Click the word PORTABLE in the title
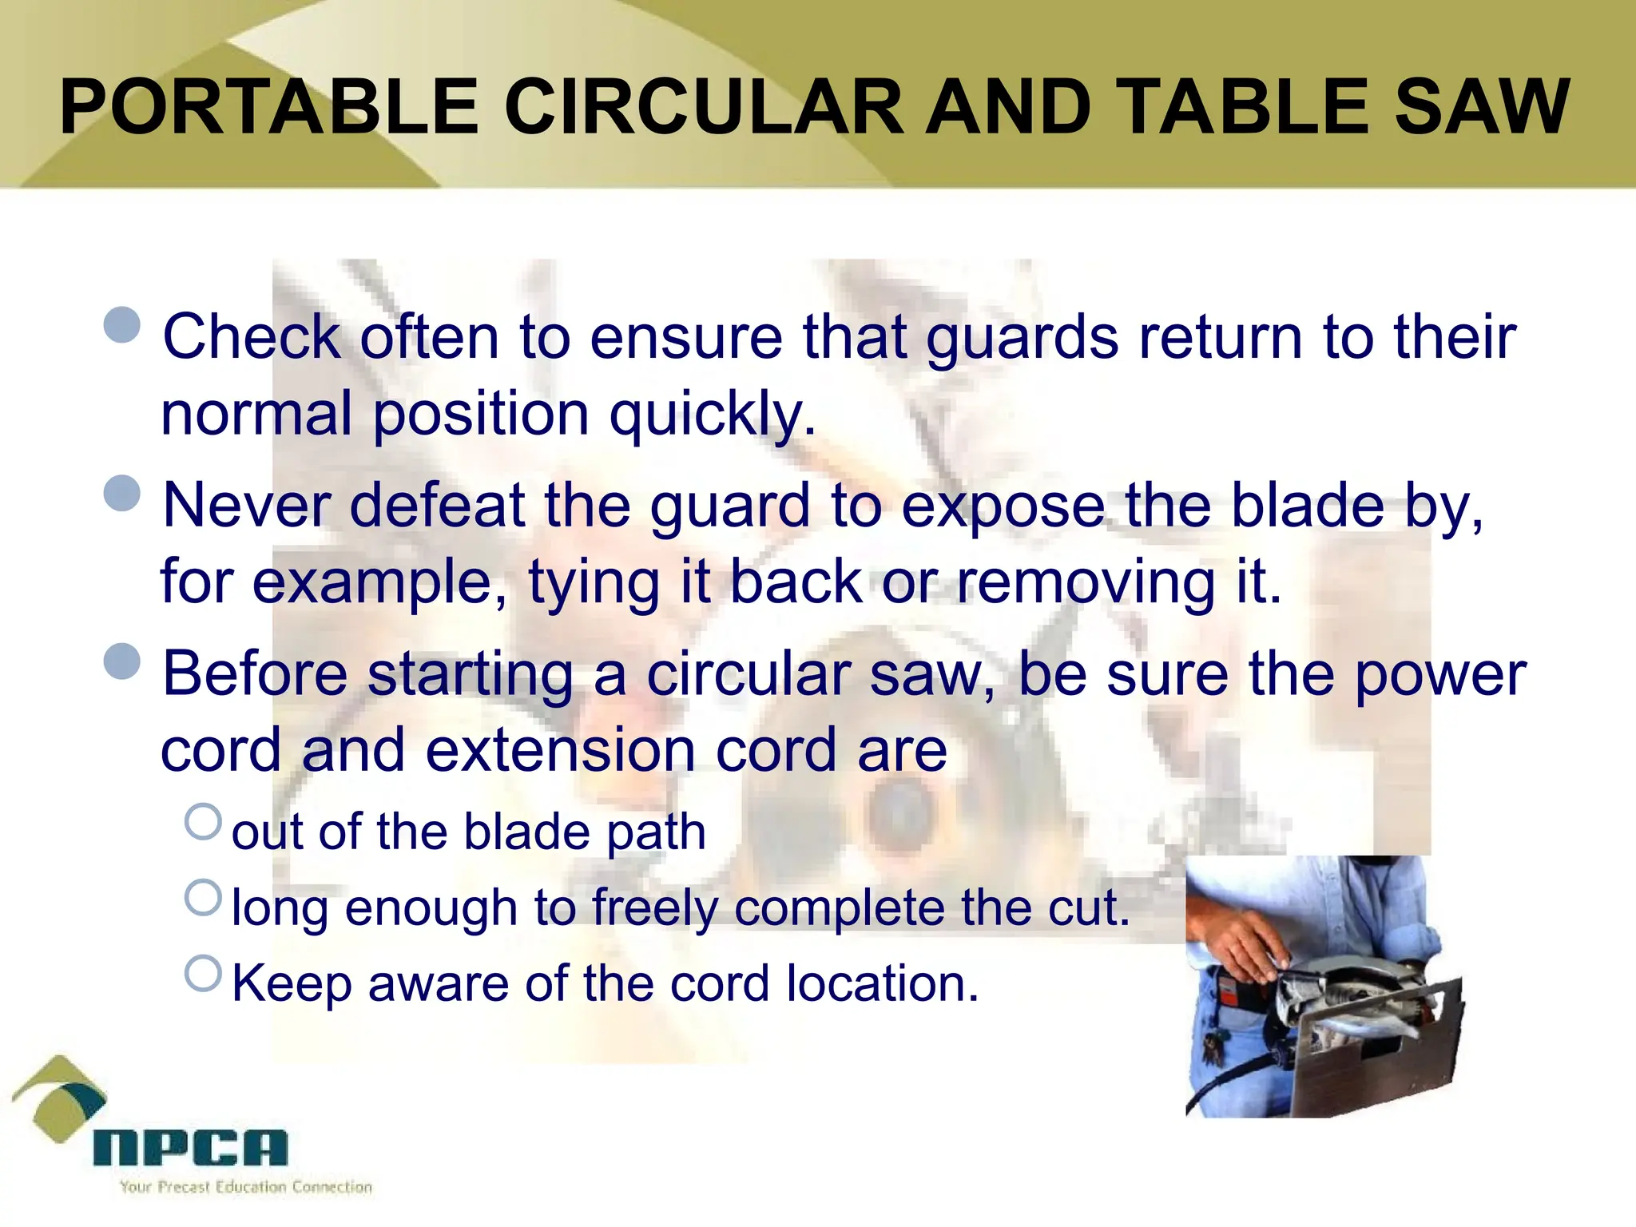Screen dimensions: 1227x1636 268,107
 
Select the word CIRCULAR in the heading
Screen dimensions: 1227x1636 703,107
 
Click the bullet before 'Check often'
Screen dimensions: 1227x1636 122,325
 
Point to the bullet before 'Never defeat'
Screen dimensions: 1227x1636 122,493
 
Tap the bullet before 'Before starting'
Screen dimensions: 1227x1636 122,661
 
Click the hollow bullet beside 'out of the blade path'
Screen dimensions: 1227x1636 203,822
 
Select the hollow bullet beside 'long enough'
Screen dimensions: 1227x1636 203,897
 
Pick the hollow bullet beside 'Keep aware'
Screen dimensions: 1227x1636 203,973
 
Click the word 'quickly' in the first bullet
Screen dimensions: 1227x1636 711,415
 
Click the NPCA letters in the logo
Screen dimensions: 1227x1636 190,1148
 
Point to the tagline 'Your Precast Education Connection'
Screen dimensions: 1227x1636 246,1187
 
